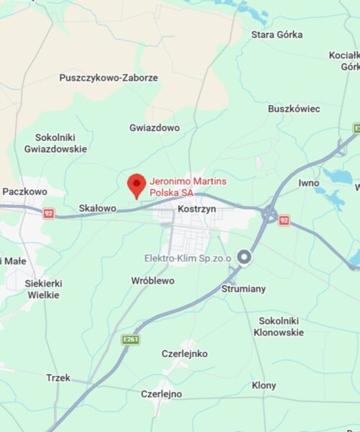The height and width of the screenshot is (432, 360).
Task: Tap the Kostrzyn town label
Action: pyautogui.click(x=197, y=208)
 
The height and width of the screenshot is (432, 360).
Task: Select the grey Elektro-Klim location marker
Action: pyautogui.click(x=244, y=257)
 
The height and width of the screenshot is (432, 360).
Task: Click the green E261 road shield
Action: pyautogui.click(x=130, y=339)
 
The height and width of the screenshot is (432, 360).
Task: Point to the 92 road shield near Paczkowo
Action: pyautogui.click(x=48, y=213)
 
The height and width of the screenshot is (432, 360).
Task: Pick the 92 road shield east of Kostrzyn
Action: pyautogui.click(x=284, y=220)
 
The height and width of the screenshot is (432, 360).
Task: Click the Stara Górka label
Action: pyautogui.click(x=276, y=35)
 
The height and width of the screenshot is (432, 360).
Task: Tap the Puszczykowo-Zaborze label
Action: pyautogui.click(x=109, y=78)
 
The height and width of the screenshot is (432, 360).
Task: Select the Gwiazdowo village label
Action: pyautogui.click(x=155, y=127)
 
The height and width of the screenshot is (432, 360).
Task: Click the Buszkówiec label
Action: pyautogui.click(x=294, y=109)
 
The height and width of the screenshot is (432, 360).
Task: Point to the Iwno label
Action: pyautogui.click(x=309, y=183)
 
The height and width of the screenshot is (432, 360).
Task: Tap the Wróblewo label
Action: pyautogui.click(x=153, y=280)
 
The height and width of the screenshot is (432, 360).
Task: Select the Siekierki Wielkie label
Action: pyautogui.click(x=44, y=289)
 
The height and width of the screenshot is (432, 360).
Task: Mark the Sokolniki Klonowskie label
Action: pyautogui.click(x=281, y=326)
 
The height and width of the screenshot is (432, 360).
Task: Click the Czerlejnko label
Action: pyautogui.click(x=184, y=354)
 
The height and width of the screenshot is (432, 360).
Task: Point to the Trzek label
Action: pyautogui.click(x=58, y=377)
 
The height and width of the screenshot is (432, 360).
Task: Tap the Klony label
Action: pyautogui.click(x=264, y=385)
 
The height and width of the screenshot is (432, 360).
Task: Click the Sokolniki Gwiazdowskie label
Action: pyautogui.click(x=60, y=143)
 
